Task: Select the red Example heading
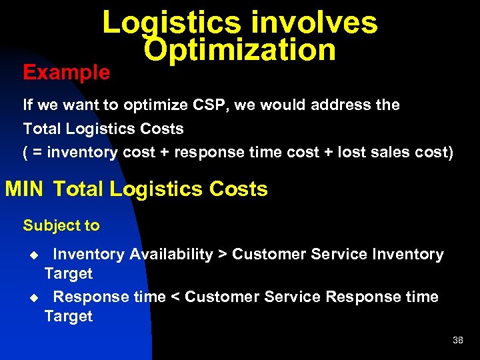[x=67, y=72]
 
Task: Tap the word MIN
[x=24, y=189]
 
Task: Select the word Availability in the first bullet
[x=171, y=255]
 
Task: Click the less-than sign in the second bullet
[x=175, y=297]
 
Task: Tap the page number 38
[x=457, y=340]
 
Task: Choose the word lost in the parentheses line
[x=352, y=152]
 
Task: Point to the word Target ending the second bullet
[x=68, y=316]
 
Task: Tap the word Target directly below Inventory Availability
[x=68, y=273]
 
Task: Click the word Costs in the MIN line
[x=238, y=189]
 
